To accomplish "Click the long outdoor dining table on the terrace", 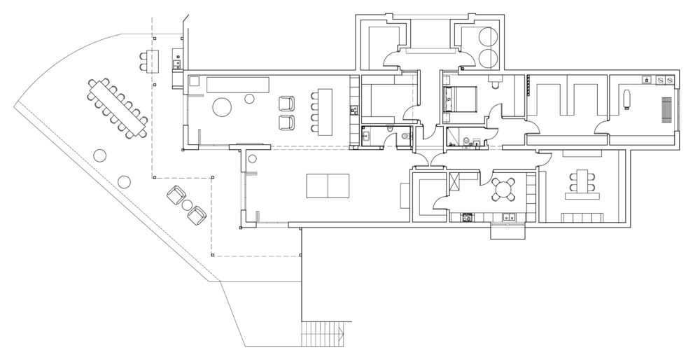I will tap(118, 109).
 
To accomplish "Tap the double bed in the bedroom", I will tap(462, 98).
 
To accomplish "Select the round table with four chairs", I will tap(504, 188).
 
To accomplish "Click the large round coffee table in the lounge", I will tap(223, 107).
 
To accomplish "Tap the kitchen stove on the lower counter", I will tap(467, 218).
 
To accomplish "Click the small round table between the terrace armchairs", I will tap(186, 205).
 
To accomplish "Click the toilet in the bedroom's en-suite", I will tap(496, 85).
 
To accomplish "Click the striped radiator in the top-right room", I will tap(666, 109).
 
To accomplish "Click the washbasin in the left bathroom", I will tap(366, 136).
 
